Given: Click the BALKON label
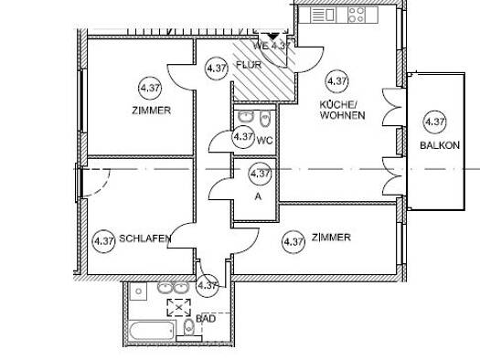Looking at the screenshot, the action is [440, 145].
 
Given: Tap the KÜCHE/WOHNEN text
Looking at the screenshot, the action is [342, 111].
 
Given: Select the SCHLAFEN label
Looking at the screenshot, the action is [144, 238].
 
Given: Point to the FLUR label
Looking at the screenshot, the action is [249, 65].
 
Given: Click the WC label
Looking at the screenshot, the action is [265, 141].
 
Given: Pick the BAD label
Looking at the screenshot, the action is [206, 319].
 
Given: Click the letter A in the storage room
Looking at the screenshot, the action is [258, 196].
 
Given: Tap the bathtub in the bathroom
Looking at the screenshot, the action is [152, 330].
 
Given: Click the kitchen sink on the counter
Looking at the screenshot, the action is [323, 15].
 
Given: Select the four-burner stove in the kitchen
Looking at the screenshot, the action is [357, 15].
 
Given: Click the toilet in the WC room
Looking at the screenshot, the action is [264, 118].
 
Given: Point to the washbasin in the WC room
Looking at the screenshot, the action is [246, 117].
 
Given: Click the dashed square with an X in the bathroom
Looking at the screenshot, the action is [179, 307].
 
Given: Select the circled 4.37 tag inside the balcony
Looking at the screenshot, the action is [434, 122].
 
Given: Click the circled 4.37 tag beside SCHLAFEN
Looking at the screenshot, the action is [104, 241].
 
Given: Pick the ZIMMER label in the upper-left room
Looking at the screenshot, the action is [151, 111].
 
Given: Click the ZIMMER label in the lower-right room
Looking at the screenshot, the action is [331, 237].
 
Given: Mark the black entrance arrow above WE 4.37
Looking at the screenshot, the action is [272, 37].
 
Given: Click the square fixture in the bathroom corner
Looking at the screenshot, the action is [138, 291].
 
